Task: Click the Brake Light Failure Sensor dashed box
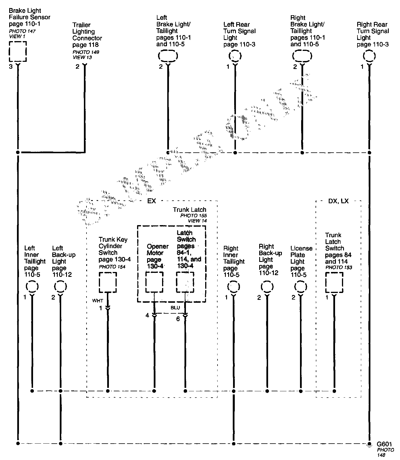18,51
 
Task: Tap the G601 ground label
384,444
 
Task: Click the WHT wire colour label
97,301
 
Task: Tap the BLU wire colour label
175,308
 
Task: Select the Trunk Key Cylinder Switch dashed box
108,282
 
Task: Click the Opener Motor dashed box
155,282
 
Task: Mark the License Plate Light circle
301,287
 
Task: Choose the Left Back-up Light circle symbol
60,287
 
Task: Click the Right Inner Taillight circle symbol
234,287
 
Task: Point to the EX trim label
151,201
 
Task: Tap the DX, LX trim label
338,201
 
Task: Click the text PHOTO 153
339,267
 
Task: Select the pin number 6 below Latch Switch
178,319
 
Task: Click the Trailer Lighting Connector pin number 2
77,67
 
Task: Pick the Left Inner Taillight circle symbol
32,287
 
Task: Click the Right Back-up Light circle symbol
267,287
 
